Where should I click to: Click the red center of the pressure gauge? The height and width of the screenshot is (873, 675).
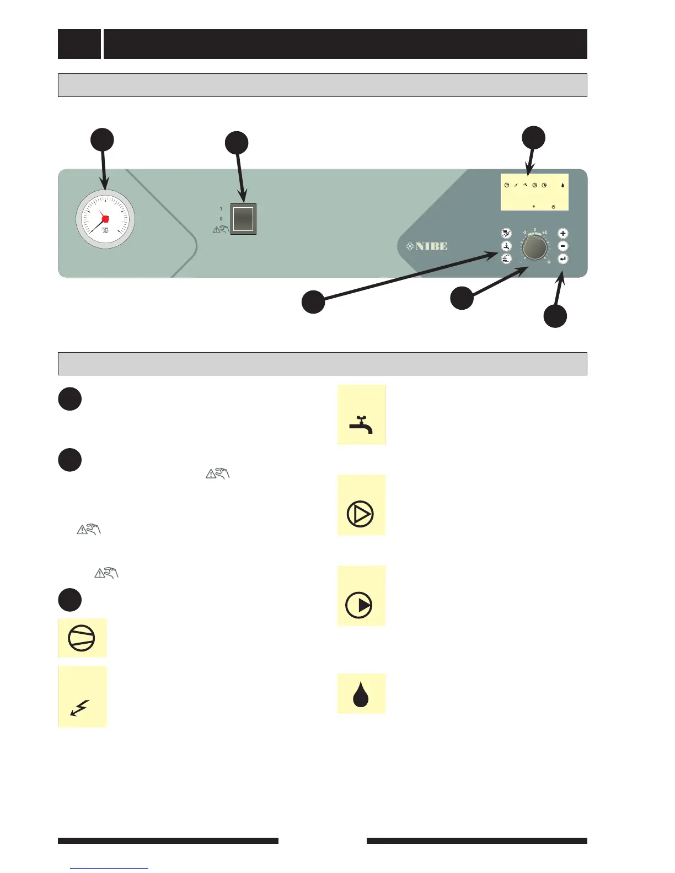105,219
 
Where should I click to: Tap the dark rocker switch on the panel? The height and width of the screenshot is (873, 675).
243,219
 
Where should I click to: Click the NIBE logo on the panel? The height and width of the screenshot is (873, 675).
427,246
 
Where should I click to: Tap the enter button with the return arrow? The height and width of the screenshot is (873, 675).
562,259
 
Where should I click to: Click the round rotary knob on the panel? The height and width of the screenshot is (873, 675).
534,249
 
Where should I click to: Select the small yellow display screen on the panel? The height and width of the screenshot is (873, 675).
534,192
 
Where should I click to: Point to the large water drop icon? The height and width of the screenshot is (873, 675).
361,694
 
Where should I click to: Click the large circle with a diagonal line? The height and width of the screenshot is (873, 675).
82,639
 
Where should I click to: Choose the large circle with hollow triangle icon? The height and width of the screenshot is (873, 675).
361,514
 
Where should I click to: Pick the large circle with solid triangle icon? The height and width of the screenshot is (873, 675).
359,605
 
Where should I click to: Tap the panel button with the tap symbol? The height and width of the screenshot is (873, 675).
506,246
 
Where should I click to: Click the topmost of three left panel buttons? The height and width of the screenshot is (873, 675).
506,234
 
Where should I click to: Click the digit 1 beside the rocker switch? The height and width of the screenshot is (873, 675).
221,209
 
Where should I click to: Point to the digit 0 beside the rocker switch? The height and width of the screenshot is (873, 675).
221,219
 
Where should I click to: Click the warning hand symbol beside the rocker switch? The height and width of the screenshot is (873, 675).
220,229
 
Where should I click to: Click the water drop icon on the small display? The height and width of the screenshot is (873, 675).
562,185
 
